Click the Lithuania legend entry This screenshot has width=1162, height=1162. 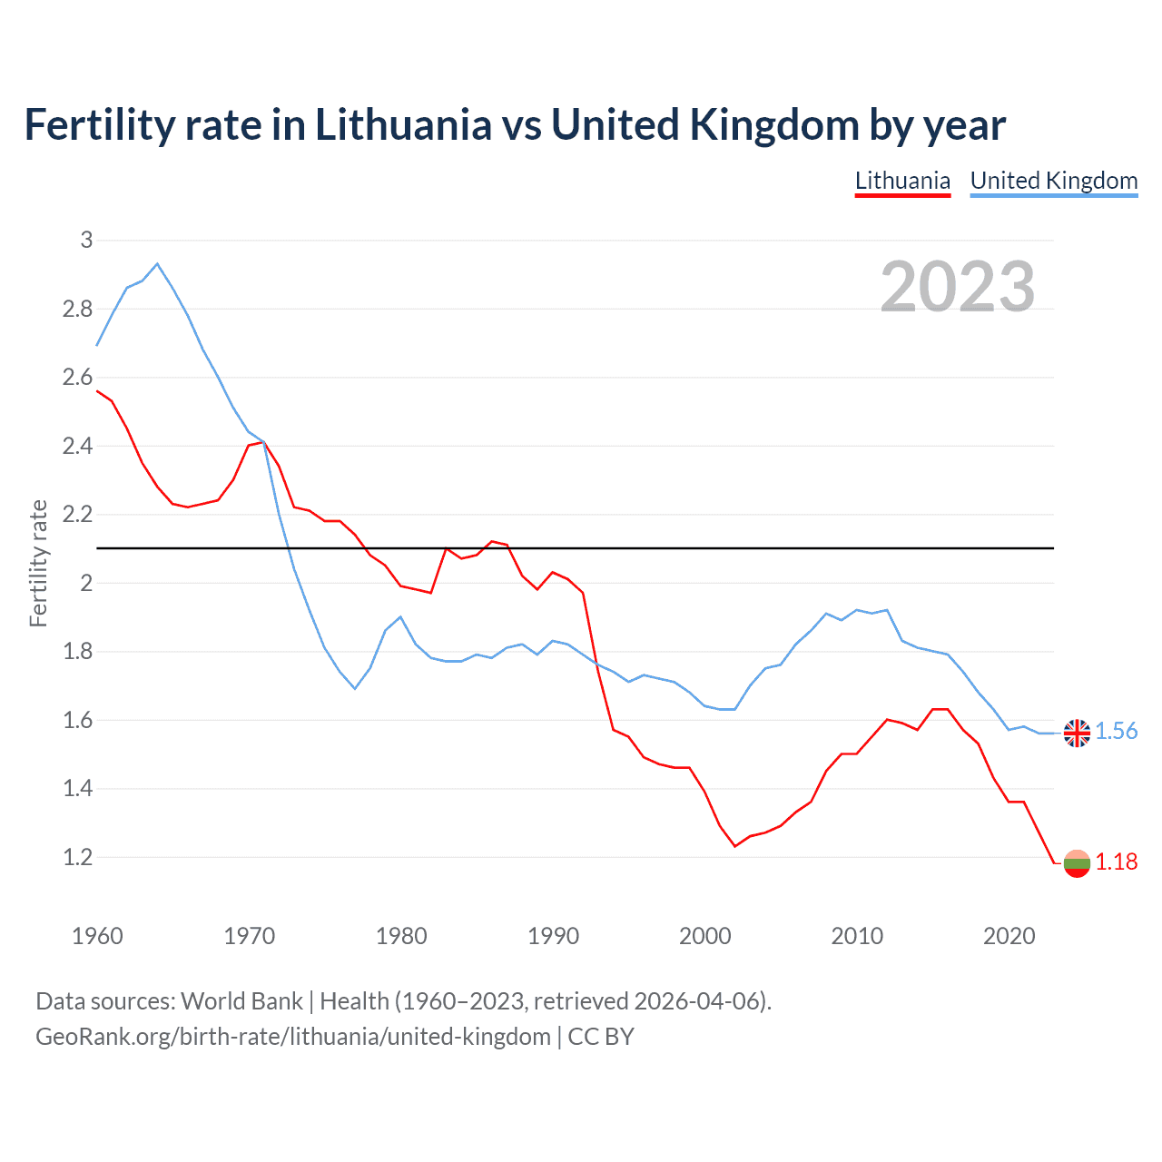(x=902, y=181)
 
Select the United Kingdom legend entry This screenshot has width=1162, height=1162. (x=1053, y=181)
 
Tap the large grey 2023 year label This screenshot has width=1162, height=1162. (x=958, y=286)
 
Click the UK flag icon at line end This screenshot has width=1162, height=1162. (x=1077, y=733)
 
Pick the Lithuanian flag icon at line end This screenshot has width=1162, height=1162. (x=1077, y=863)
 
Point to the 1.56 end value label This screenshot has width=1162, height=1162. (x=1117, y=732)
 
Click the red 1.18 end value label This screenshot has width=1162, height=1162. (x=1117, y=862)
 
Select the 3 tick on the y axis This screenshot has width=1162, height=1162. (x=87, y=241)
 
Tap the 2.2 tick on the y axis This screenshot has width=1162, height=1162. (x=78, y=515)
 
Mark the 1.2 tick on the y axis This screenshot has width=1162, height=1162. (x=78, y=857)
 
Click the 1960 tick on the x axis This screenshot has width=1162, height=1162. (x=97, y=936)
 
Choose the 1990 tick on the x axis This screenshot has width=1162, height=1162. (x=553, y=936)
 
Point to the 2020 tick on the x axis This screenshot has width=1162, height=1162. (x=1009, y=936)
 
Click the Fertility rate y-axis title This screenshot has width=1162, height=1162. (x=38, y=563)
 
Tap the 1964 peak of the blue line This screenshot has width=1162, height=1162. (x=157, y=264)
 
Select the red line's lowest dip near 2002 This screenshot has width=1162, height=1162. (x=734, y=846)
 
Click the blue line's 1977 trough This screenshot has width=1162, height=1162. (x=355, y=688)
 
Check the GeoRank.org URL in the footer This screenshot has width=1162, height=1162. (x=293, y=1037)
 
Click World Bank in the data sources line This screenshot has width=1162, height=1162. (x=241, y=1001)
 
